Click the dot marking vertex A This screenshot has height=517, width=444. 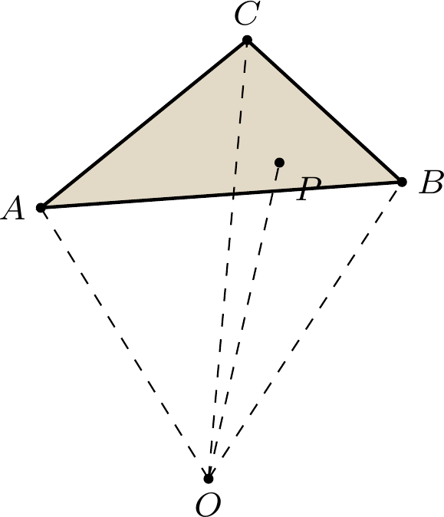(41, 208)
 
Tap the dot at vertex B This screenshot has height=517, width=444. (402, 182)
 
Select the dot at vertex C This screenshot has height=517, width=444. (247, 40)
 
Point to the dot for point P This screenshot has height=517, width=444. (280, 162)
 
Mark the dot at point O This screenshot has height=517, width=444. (209, 479)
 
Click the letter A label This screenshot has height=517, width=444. (13, 209)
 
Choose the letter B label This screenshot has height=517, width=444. (431, 182)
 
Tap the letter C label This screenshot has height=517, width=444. (247, 13)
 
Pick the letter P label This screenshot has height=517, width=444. (308, 189)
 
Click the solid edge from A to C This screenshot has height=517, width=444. (144, 124)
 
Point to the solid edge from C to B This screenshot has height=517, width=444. (324, 111)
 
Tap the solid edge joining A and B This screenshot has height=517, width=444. (222, 195)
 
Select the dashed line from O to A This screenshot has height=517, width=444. (124, 343)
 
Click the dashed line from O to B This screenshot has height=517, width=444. (305, 331)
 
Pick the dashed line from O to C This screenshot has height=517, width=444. (228, 259)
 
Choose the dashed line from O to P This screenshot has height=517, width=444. (244, 321)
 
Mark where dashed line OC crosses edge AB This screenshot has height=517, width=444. (233, 194)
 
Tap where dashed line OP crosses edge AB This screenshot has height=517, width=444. (272, 191)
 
